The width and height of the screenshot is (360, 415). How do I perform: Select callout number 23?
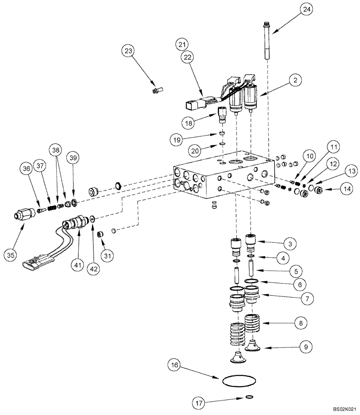point(129,52)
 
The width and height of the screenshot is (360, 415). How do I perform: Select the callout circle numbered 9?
point(306,346)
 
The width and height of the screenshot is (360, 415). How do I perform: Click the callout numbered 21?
point(181,44)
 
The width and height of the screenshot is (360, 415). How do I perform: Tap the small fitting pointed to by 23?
point(158,89)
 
